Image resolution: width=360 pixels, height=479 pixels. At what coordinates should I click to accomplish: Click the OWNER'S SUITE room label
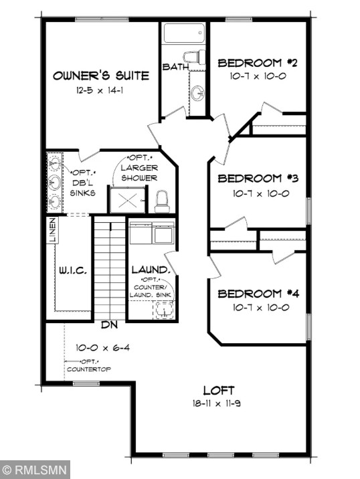click(x=100, y=76)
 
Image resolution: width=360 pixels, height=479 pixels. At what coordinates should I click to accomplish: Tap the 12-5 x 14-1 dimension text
click(x=100, y=90)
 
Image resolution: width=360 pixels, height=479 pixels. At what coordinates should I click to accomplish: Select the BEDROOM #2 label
click(x=258, y=64)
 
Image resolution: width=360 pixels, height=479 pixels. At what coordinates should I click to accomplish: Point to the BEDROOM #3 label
click(x=258, y=179)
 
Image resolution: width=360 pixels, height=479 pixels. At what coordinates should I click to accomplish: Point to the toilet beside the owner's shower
click(x=161, y=199)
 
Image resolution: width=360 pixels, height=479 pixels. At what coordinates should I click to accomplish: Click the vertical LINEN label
click(x=52, y=231)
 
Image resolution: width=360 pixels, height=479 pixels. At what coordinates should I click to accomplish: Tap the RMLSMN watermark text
click(x=35, y=469)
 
